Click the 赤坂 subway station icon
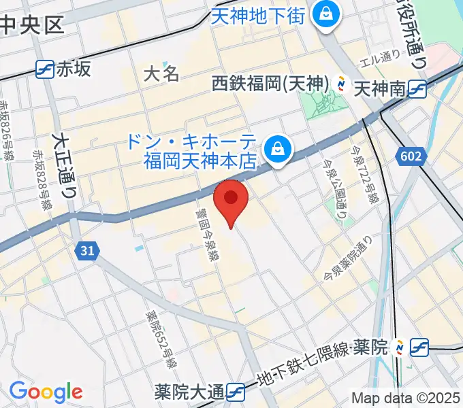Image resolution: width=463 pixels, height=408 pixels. [46, 69]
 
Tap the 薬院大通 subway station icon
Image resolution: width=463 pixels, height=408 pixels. [236, 392]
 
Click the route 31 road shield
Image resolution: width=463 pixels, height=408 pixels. [86, 251]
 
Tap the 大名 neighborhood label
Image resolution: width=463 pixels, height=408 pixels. [162, 73]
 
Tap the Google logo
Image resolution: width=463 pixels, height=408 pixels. [46, 392]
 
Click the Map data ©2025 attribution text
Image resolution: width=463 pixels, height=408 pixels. [406, 398]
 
